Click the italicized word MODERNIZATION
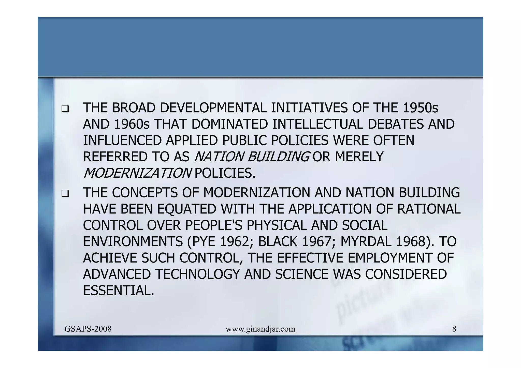137,173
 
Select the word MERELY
359,157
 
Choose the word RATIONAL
429,209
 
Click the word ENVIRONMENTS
133,242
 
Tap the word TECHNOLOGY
198,274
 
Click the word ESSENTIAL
119,290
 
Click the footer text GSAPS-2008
88,329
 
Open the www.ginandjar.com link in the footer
260,329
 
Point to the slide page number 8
454,329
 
